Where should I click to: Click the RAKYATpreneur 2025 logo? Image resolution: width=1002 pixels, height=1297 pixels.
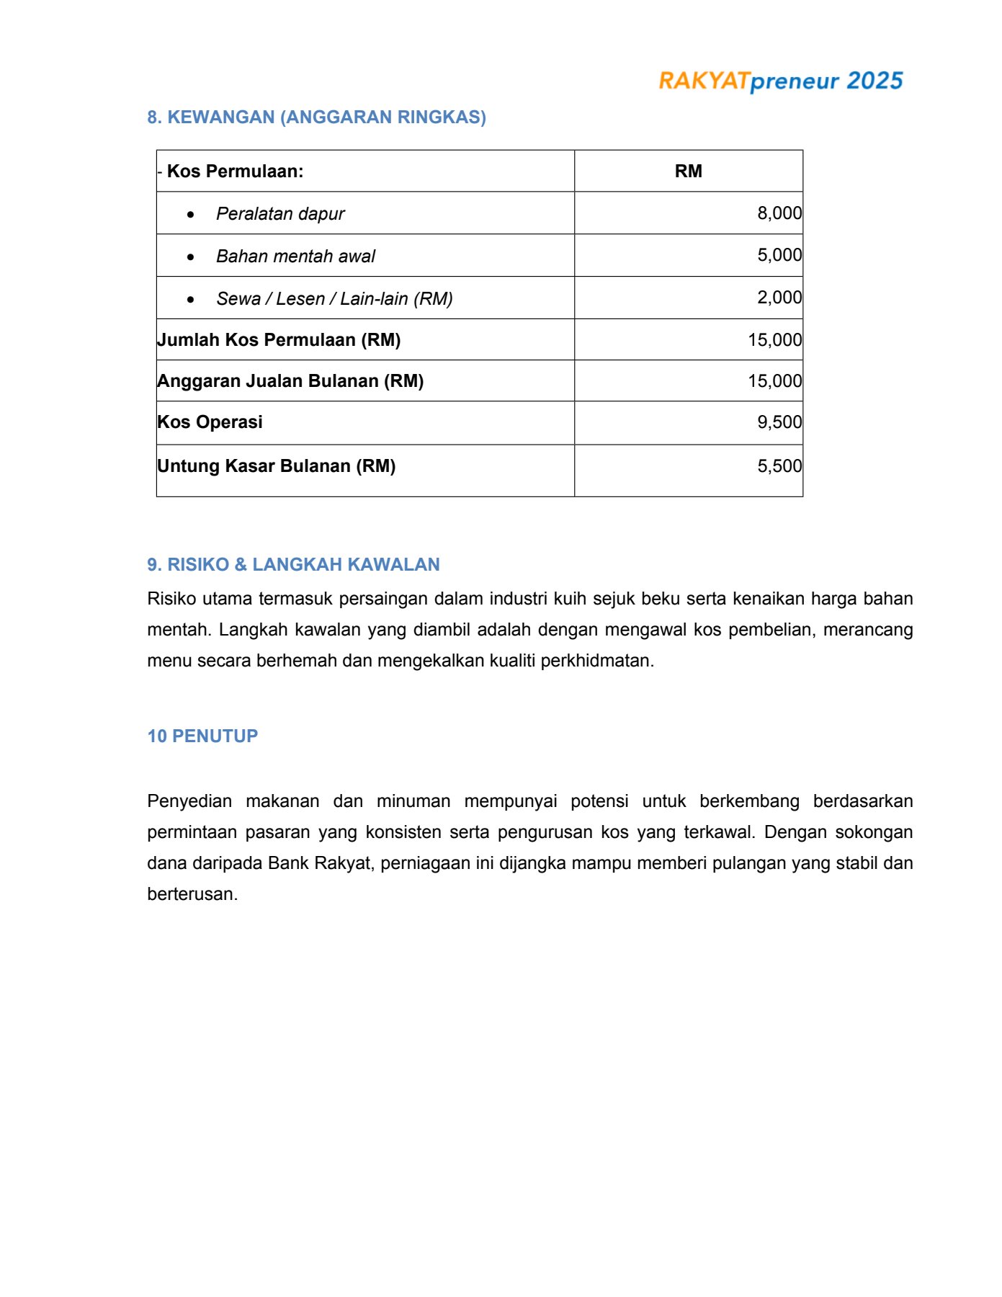(780, 81)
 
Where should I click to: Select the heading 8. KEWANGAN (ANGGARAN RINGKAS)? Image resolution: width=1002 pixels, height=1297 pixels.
(316, 117)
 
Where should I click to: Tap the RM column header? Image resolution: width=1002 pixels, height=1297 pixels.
(688, 171)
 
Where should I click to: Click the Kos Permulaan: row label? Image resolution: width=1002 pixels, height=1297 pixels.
(235, 171)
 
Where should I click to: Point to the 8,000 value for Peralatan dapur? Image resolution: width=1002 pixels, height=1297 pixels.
(779, 213)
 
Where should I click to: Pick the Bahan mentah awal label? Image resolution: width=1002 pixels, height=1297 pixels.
(295, 257)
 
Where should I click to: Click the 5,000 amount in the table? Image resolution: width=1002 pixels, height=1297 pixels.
(779, 255)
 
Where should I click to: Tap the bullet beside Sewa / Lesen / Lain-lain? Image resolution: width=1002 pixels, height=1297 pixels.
(190, 299)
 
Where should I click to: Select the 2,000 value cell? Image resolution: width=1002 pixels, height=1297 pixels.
(779, 298)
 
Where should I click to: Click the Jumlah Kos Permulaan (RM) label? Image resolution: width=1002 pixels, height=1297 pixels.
(279, 340)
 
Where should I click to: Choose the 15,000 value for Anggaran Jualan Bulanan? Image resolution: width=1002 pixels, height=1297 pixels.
(774, 381)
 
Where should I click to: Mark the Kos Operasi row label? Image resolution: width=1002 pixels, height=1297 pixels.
(210, 422)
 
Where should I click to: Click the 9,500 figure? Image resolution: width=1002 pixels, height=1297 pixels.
(779, 422)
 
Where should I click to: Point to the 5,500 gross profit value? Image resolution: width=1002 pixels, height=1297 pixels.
(779, 466)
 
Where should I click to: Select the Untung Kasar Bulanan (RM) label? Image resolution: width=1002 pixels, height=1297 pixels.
(277, 466)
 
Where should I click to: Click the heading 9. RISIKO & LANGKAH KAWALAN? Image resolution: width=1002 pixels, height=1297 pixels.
(293, 565)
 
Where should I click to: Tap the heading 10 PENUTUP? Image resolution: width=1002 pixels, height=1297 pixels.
(202, 736)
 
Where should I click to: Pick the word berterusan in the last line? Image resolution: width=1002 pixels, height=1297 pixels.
(192, 894)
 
